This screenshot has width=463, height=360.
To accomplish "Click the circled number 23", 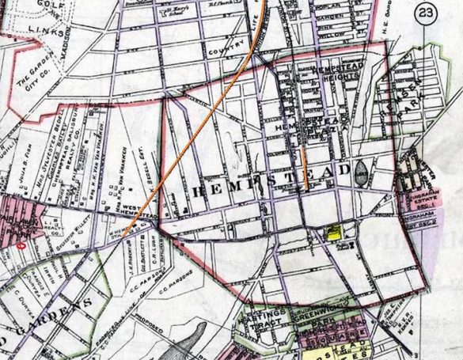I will [427, 13].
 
